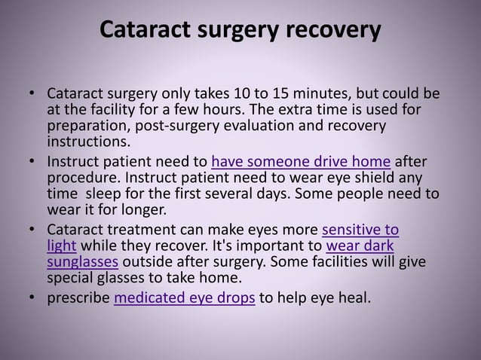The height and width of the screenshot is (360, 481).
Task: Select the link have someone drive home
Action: pyautogui.click(x=301, y=160)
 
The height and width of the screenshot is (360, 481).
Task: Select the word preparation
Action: pyautogui.click(x=87, y=126)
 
